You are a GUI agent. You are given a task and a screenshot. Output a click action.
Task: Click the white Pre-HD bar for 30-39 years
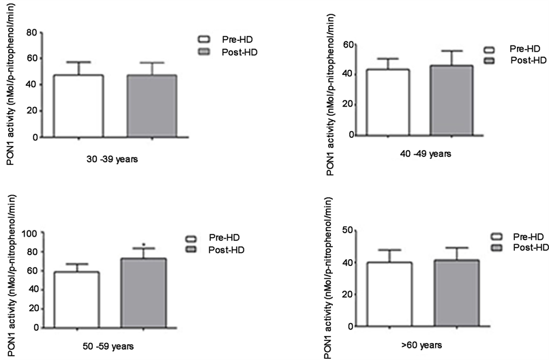[78, 106]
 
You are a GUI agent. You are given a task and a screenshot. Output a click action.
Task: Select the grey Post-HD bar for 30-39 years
[151, 106]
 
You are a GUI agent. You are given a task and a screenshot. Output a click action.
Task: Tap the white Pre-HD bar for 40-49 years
[387, 102]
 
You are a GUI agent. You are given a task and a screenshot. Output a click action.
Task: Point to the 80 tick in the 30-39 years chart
[31, 33]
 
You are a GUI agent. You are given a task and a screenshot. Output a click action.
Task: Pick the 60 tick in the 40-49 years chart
[348, 44]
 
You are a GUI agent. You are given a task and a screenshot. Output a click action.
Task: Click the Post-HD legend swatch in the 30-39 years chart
[203, 52]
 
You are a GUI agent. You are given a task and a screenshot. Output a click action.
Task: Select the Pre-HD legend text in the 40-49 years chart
[523, 50]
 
